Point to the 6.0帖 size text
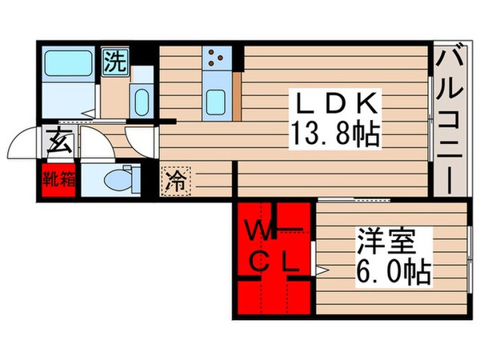point(390,270)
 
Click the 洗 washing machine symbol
point(114,62)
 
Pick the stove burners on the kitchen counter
point(215,58)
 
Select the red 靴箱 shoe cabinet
point(59,178)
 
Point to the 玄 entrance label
point(59,144)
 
